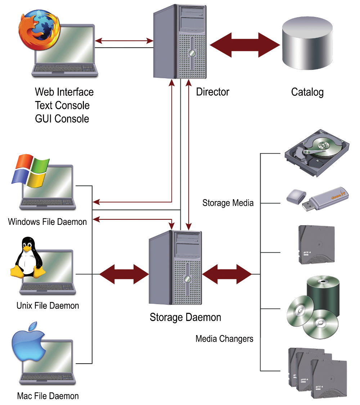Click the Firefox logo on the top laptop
[38, 31]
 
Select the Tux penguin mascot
[27, 258]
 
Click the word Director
[212, 92]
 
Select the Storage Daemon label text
[185, 317]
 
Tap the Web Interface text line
[64, 92]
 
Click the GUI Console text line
[62, 119]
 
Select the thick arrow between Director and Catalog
[245, 45]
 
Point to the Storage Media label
[228, 203]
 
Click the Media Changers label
[224, 339]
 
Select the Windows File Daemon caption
[48, 222]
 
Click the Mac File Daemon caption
[48, 396]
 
